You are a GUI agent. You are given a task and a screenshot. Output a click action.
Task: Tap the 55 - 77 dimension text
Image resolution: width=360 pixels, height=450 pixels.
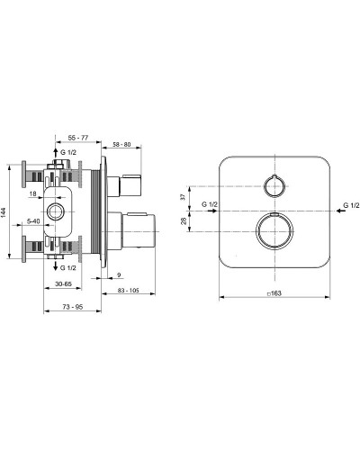(78, 138)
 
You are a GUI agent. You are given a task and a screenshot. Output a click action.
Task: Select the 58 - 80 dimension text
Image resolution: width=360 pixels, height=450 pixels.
(121, 144)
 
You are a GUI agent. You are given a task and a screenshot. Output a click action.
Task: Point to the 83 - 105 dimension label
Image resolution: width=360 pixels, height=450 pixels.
(129, 291)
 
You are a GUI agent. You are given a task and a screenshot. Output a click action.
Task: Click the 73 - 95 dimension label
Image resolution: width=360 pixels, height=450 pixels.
(73, 307)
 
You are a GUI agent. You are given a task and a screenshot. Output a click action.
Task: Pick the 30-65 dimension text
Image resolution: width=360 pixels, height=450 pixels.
(63, 283)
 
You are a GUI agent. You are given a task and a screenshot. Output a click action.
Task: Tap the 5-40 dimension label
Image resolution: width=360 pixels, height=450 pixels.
(33, 221)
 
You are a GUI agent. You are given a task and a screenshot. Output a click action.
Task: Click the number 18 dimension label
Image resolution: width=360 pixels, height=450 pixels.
(32, 193)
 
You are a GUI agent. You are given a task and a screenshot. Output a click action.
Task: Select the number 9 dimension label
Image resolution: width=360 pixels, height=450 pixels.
(119, 274)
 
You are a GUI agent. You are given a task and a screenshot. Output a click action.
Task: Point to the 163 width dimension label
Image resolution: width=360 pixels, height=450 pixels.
(274, 293)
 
